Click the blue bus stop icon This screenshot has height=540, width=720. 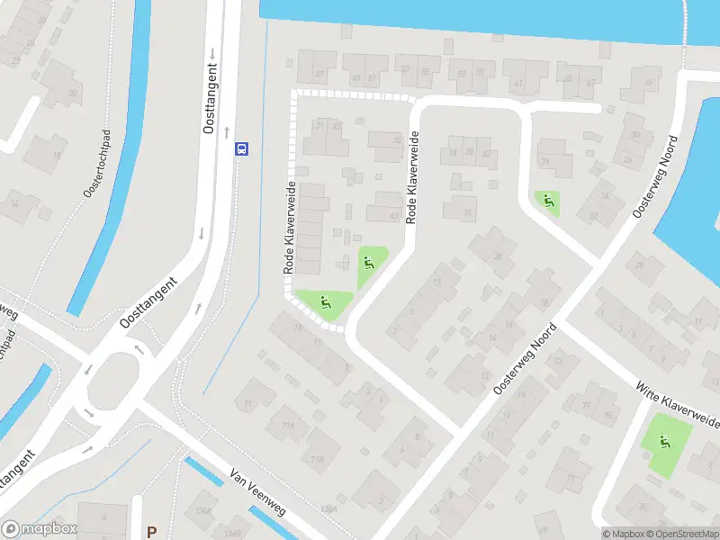pos(241,148)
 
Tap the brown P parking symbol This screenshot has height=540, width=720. pos(152,532)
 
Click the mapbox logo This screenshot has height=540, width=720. pos(40,529)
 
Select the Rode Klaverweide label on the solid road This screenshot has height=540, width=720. pos(412,177)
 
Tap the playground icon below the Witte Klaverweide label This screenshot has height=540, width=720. pos(665,442)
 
